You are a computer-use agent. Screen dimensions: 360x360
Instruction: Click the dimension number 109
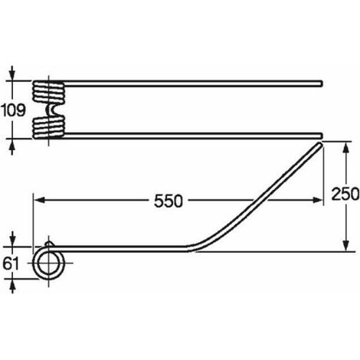[13, 110]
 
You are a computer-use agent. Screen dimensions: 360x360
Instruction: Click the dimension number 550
[169, 201]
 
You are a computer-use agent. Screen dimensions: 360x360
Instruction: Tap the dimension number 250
[345, 194]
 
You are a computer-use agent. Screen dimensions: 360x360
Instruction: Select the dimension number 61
[11, 263]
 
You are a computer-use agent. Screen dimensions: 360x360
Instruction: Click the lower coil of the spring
[48, 127]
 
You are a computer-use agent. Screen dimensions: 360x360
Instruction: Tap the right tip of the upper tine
[322, 83]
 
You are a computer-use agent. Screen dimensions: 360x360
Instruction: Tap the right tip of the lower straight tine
[322, 136]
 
